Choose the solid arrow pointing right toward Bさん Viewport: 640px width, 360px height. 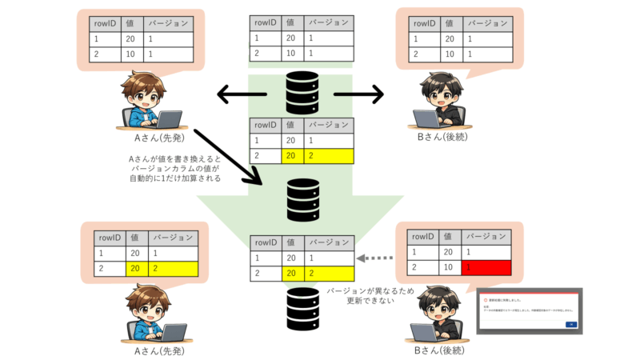358,95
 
